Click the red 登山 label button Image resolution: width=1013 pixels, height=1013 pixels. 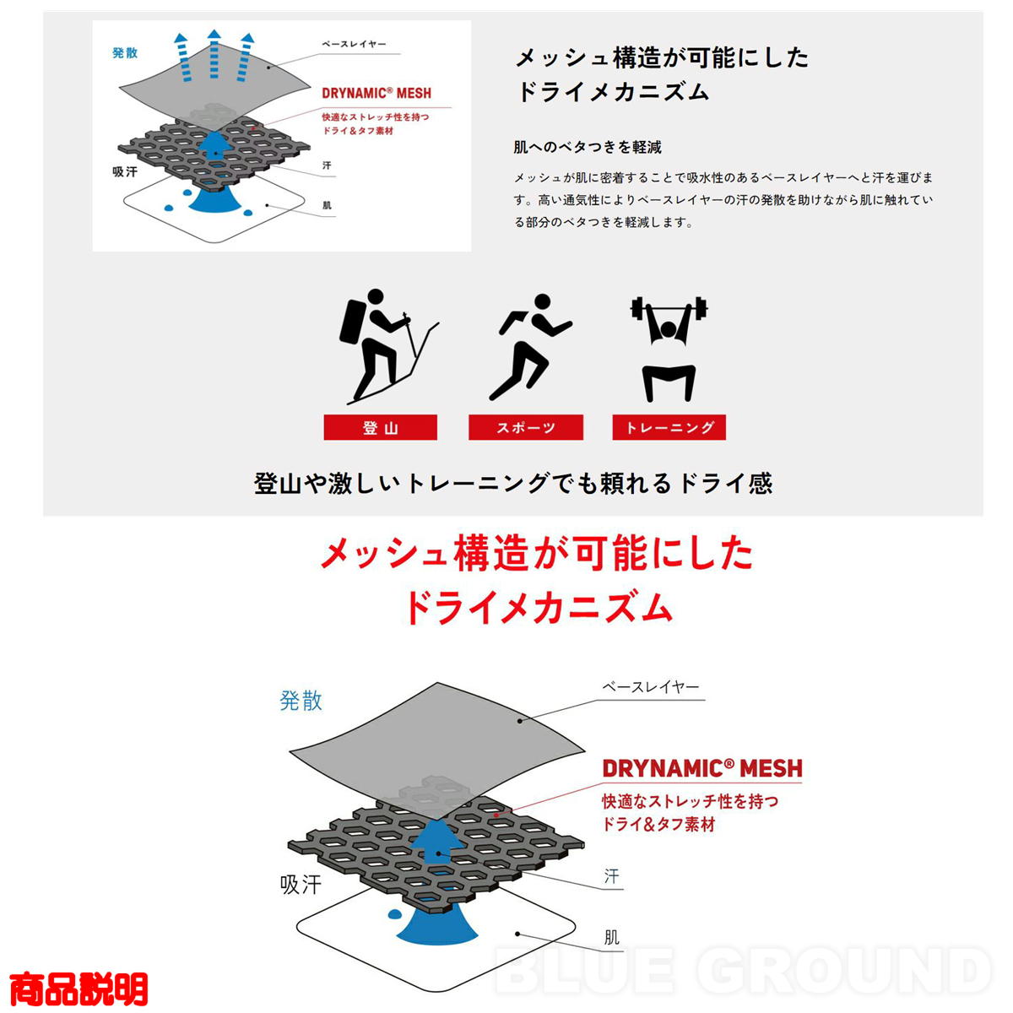click(380, 427)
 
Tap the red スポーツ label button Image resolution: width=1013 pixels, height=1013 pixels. click(526, 427)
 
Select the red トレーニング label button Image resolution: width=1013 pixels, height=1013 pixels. click(669, 427)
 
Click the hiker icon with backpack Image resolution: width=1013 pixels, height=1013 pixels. click(388, 346)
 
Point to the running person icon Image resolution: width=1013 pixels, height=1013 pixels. click(530, 347)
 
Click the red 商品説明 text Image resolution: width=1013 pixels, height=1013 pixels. click(79, 989)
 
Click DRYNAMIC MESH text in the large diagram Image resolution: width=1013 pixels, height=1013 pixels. click(702, 768)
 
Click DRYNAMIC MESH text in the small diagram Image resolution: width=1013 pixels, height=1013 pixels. click(376, 93)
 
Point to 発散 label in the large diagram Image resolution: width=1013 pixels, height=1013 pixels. click(301, 701)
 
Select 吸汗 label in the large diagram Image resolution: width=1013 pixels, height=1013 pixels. click(301, 885)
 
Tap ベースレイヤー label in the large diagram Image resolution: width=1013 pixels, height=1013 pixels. click(651, 686)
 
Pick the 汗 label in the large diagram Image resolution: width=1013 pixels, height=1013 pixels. click(611, 876)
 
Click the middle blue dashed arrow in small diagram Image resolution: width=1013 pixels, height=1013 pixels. click(214, 55)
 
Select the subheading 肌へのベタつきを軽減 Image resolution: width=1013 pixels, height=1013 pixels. click(588, 147)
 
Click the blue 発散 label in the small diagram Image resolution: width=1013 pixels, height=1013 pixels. click(125, 52)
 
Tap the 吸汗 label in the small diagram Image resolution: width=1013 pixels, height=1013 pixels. click(125, 171)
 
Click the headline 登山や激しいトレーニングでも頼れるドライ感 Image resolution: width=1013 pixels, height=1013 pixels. click(513, 483)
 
